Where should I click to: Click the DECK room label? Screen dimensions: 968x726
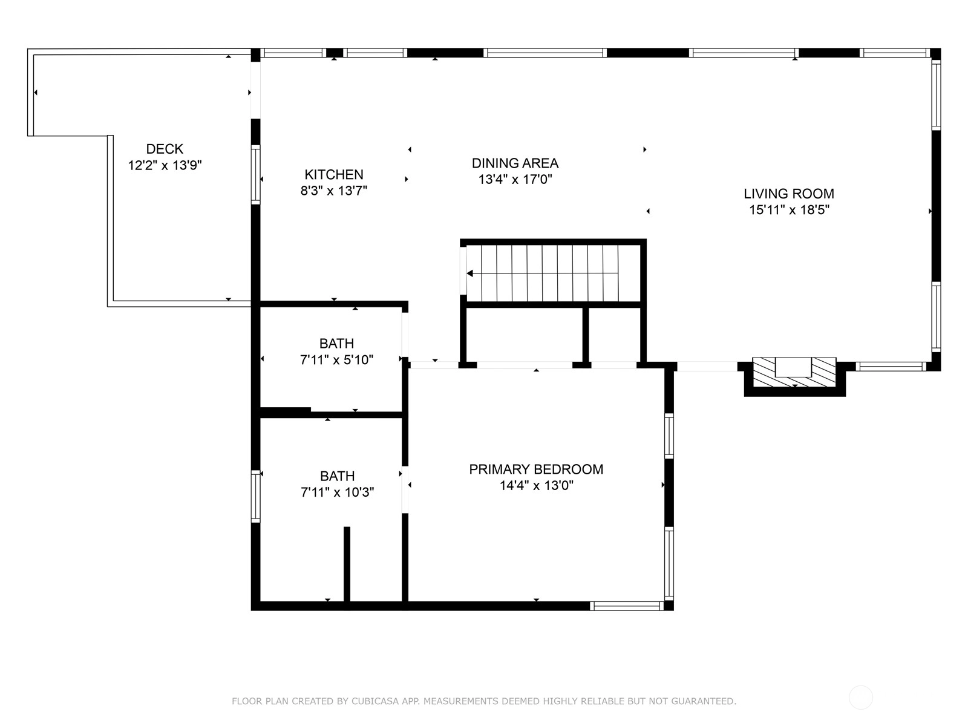click(x=165, y=149)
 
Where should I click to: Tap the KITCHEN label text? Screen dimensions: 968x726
click(x=334, y=175)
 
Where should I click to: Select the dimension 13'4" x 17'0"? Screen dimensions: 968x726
click(x=515, y=180)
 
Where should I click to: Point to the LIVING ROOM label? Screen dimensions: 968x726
click(x=788, y=194)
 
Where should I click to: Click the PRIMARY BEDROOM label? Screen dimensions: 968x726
click(x=536, y=469)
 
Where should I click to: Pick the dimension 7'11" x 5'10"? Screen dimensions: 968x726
click(x=336, y=360)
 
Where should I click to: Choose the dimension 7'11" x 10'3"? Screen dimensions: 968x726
click(x=338, y=492)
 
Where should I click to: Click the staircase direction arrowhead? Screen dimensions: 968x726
click(x=470, y=273)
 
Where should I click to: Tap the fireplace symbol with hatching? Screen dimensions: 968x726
click(x=794, y=373)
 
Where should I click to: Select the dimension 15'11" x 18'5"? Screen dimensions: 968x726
click(x=789, y=210)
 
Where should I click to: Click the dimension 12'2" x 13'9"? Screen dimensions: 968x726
click(x=165, y=165)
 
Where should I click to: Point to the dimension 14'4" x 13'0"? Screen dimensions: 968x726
click(x=536, y=486)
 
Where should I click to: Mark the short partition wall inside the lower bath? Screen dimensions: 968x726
click(x=347, y=564)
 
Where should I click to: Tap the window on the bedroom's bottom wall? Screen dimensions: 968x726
click(x=627, y=606)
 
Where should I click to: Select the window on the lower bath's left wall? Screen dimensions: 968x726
click(x=255, y=496)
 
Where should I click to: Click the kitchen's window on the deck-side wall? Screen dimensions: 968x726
click(x=255, y=175)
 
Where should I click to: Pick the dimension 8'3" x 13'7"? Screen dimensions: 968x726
click(x=334, y=191)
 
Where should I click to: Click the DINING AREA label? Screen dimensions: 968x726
click(x=515, y=163)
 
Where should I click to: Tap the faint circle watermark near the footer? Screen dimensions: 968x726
click(x=861, y=698)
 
